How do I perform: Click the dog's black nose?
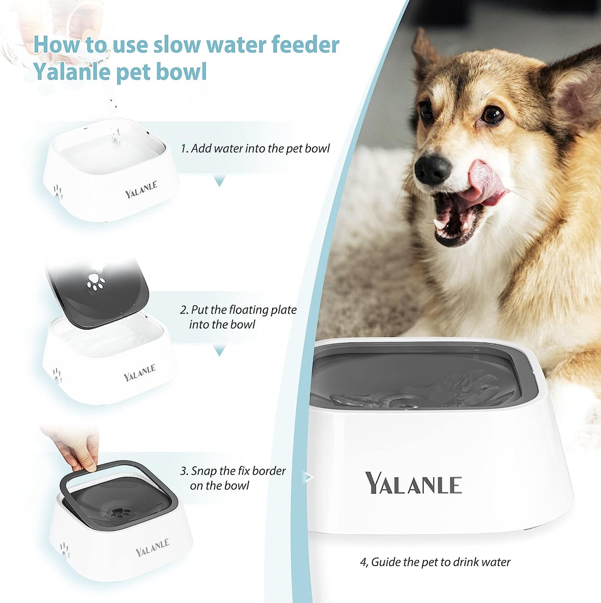pos(433,169)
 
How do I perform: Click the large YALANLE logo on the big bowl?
pos(413,483)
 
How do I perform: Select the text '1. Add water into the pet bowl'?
pos(255,149)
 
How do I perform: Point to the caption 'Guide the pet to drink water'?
pos(435,562)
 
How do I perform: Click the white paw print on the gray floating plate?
pos(96,281)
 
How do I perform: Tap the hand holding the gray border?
pos(77,449)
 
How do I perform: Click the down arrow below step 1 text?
pos(219,181)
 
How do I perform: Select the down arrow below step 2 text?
pos(219,351)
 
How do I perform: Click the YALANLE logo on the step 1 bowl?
pos(141,189)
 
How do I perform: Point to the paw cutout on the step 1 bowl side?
pos(57,191)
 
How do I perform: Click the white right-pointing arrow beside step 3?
pos(308,477)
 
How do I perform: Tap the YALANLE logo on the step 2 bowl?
pos(140,373)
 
